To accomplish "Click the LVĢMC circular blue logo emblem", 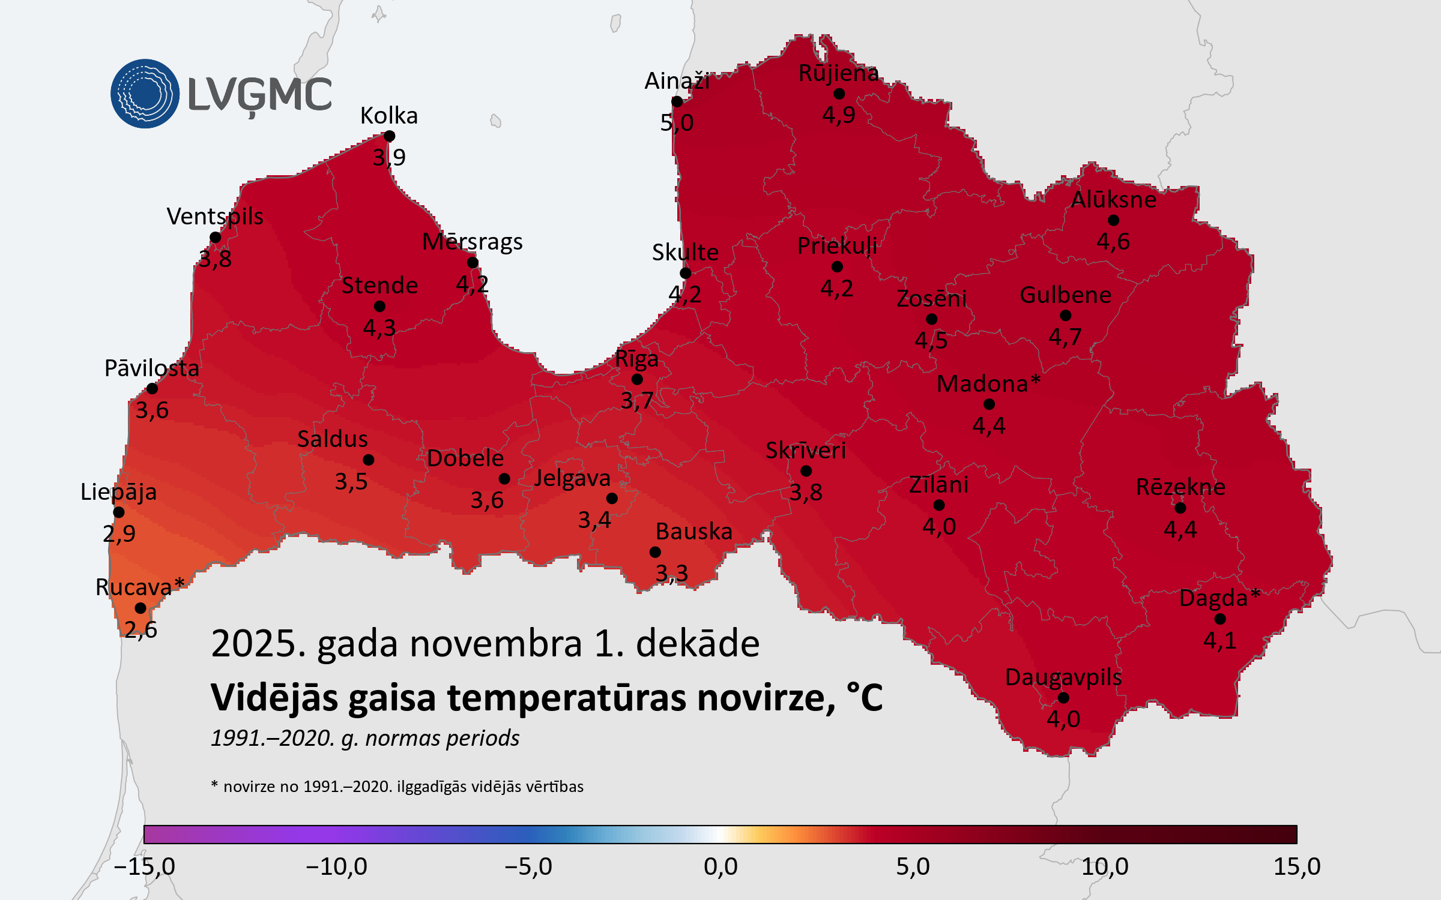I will point(145,94).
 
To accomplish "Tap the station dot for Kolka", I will point(389,136).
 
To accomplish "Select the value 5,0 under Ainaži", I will point(677,123).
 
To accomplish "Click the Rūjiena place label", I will point(838,73).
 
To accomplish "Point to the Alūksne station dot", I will point(1113,220).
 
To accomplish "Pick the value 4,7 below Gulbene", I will point(1065,337).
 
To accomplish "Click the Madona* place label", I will point(988,384).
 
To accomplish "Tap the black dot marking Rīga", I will point(637,379).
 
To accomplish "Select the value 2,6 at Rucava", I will point(140,629).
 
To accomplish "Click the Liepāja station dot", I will point(119,512).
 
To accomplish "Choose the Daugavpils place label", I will point(1063,677).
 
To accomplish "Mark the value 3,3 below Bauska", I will point(671,574).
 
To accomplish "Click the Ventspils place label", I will point(215,217).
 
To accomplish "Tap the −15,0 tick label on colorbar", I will point(144,867).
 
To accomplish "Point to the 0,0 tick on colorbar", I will point(720,867).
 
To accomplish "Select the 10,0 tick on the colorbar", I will point(1105,867).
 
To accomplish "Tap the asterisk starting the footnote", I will point(214,784).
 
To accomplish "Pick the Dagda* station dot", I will point(1219,619).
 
